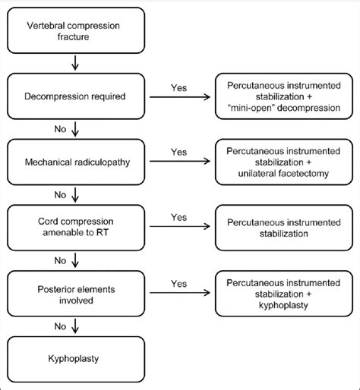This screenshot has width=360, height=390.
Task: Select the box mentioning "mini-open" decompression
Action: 282,97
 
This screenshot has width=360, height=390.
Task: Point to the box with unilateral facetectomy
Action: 282,160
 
